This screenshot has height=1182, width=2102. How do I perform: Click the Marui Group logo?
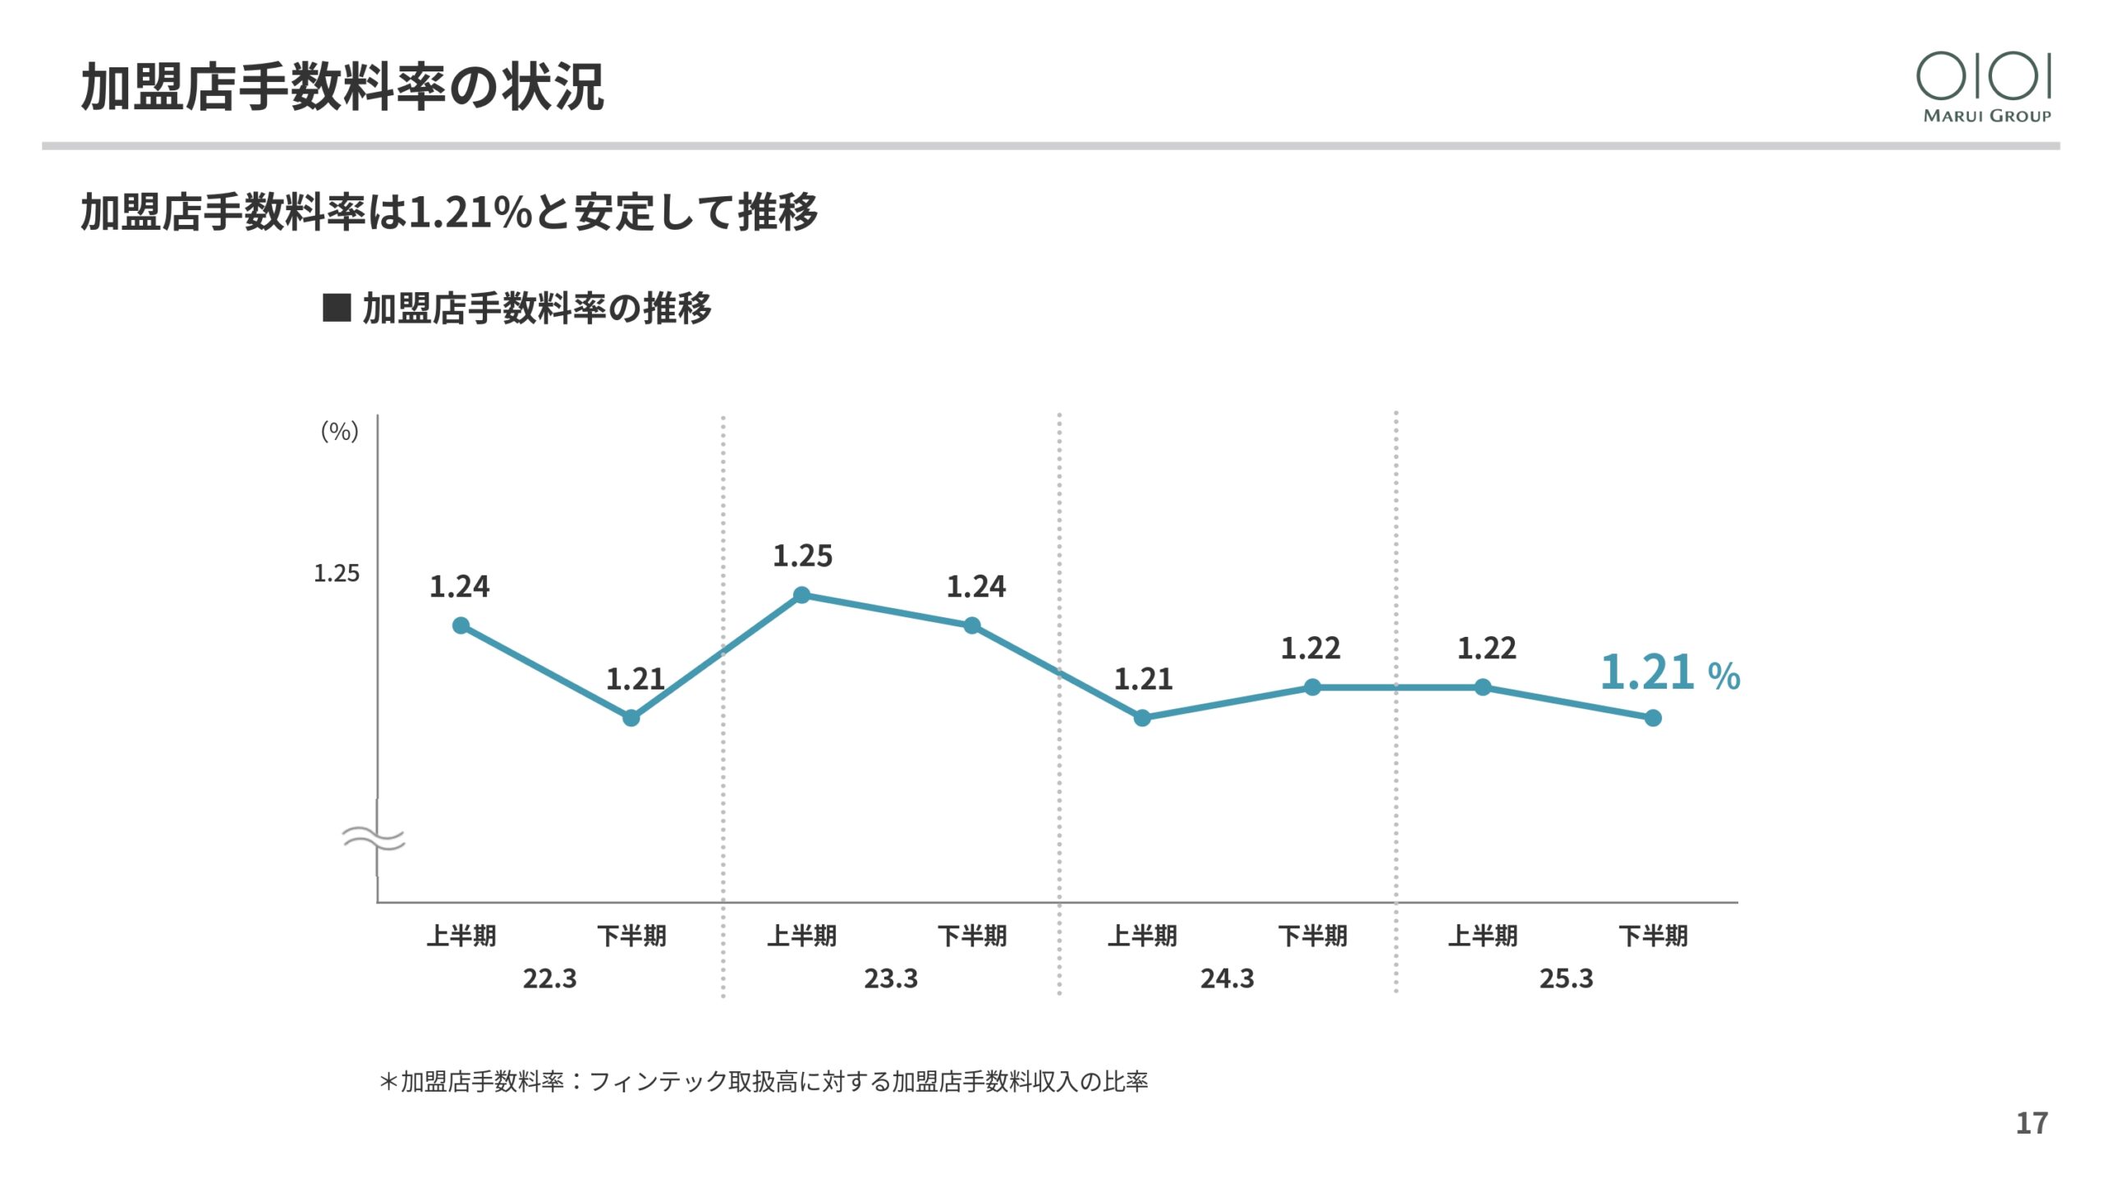[x=1985, y=86]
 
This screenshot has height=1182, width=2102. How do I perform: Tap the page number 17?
[x=2031, y=1123]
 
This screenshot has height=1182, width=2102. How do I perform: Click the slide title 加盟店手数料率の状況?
[x=342, y=87]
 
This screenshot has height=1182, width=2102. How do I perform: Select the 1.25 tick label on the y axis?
[x=337, y=573]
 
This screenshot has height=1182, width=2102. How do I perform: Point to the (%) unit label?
[x=339, y=431]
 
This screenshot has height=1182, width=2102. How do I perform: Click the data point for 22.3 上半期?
[x=461, y=626]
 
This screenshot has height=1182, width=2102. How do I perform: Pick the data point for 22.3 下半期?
[x=631, y=718]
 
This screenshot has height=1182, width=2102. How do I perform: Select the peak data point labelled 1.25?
[x=802, y=595]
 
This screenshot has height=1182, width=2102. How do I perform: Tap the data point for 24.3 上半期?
[x=1142, y=718]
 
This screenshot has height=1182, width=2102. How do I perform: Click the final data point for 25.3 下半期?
[x=1653, y=718]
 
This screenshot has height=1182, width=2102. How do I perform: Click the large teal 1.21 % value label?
[x=1669, y=673]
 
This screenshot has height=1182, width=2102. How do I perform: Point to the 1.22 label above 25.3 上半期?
[x=1486, y=648]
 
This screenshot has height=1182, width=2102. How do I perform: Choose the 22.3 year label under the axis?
[x=549, y=978]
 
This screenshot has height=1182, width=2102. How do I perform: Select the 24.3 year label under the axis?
[x=1227, y=978]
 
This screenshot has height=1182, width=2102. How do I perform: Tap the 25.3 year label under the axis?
[x=1566, y=978]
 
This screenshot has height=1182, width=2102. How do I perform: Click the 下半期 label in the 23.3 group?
[x=972, y=936]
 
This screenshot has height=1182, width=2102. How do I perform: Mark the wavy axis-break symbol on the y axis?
[x=374, y=839]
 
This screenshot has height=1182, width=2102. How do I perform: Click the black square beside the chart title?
[x=337, y=308]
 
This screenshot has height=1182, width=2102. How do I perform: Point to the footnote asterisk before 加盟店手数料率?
[x=388, y=1082]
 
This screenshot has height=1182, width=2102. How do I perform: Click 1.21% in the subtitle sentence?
[x=470, y=212]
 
